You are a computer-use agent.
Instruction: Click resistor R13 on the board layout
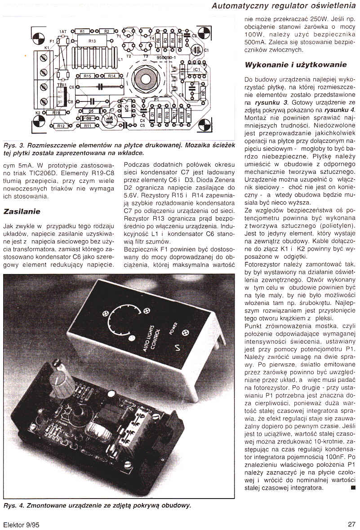92,41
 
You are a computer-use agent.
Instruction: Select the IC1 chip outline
195,71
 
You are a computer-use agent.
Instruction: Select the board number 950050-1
167,58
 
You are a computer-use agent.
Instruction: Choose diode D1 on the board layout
152,115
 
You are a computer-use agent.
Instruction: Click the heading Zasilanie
22,211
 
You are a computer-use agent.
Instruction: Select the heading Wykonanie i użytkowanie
295,65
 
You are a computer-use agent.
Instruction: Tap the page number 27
351,524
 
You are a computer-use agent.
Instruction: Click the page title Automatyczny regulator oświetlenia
283,6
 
